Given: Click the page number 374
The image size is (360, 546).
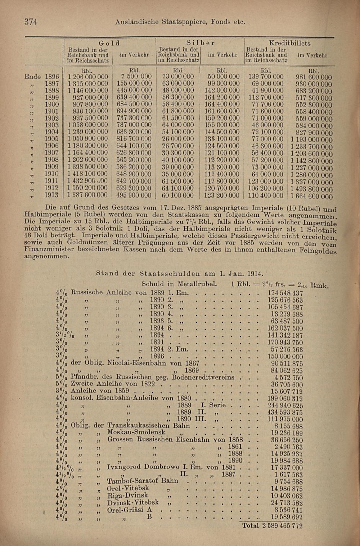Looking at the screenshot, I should (31, 22).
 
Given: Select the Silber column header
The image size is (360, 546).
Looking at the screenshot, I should (200, 43).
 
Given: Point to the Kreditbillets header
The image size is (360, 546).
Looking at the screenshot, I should (289, 43).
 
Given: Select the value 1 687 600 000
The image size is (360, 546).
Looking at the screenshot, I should (87, 195).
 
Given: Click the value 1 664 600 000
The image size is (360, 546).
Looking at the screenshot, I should (311, 196).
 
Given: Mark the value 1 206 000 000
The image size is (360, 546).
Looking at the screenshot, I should (87, 76).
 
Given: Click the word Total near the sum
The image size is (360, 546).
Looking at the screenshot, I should (251, 525).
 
